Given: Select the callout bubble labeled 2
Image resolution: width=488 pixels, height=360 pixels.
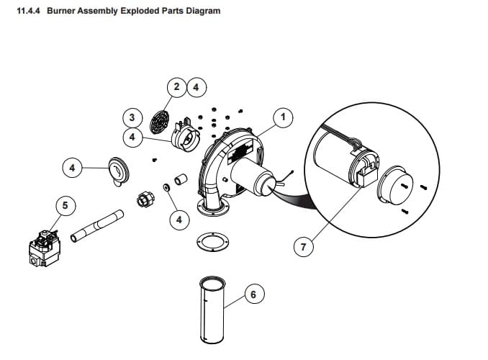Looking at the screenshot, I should [177, 87].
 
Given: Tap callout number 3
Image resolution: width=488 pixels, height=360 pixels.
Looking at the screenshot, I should [131, 117].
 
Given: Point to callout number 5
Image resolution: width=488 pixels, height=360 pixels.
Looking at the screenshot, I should [65, 205].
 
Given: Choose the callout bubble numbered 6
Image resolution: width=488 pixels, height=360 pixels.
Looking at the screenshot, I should [253, 294].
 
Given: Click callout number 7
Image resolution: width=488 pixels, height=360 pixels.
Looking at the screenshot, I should [303, 247].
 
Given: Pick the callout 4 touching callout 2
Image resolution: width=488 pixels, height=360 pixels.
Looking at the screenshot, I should [195, 87].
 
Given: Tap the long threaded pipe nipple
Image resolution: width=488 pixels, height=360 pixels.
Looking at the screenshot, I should [98, 224].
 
